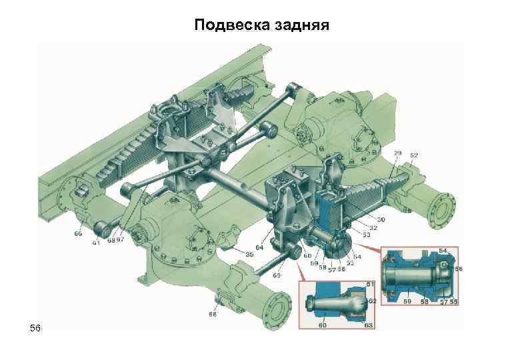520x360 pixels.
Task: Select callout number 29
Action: tap(398, 155)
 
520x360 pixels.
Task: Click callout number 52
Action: tap(414, 155)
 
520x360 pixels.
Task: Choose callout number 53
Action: tap(367, 234)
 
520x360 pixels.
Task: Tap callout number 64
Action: tap(259, 248)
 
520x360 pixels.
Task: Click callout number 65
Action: tap(276, 275)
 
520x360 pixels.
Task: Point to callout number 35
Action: tap(249, 255)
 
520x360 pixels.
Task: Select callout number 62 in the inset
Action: tap(372, 301)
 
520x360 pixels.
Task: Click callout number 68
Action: tap(111, 240)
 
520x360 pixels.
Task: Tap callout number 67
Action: tap(120, 240)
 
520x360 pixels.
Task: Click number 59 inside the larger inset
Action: tap(407, 302)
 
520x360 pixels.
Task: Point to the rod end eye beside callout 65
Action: tap(295, 253)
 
